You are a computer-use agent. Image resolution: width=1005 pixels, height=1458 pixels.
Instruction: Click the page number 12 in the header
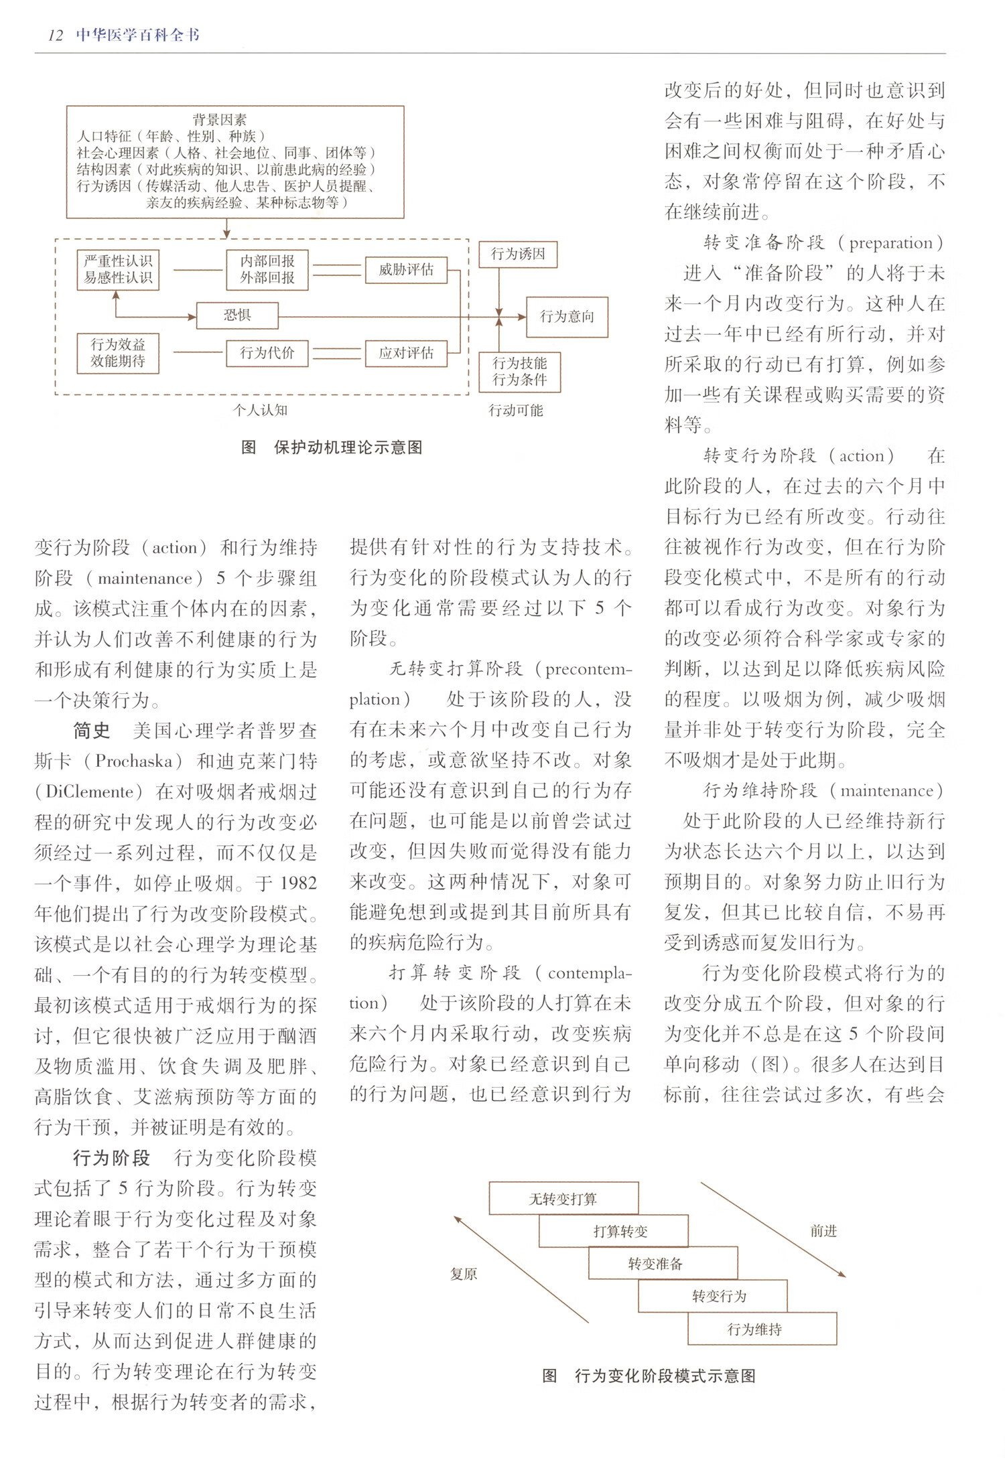[56, 35]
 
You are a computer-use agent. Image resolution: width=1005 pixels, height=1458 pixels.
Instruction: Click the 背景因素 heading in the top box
[219, 120]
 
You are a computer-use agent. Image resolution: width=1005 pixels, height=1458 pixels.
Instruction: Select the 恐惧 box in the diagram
[237, 315]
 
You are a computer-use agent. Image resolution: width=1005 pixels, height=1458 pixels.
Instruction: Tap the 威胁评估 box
[406, 269]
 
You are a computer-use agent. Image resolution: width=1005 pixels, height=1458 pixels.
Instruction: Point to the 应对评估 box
[406, 353]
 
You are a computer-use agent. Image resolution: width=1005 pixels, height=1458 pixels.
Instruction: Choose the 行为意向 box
[567, 317]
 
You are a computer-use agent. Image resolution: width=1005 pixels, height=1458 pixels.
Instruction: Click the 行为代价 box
[267, 353]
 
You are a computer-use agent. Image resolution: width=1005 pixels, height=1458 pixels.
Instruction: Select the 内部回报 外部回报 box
[267, 269]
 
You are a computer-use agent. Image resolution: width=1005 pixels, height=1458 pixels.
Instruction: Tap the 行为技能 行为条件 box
[519, 372]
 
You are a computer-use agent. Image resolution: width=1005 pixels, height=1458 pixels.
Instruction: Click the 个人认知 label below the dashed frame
[260, 410]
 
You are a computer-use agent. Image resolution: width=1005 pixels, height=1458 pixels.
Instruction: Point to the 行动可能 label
[515, 410]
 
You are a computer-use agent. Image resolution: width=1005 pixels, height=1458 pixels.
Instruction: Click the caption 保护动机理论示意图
[348, 447]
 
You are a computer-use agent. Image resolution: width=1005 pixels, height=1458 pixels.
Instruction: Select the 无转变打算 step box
[563, 1199]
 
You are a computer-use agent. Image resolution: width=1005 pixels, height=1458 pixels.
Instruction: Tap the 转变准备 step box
[655, 1264]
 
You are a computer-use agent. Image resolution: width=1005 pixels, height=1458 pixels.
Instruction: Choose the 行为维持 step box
[755, 1329]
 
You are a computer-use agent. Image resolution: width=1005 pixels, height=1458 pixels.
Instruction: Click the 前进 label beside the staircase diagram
[823, 1231]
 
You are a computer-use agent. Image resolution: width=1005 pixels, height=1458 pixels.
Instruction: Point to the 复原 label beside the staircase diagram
[464, 1274]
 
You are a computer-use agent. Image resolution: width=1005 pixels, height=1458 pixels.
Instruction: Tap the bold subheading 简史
[92, 731]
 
